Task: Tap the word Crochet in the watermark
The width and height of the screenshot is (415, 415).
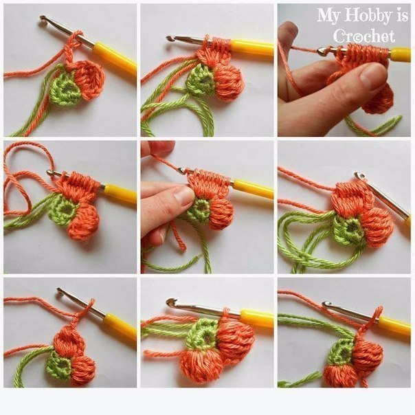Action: point(364,36)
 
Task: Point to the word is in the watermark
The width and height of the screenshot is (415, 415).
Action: point(402,15)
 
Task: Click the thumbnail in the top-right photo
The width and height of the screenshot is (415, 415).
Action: point(372,73)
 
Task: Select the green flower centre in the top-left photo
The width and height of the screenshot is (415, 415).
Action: point(65,87)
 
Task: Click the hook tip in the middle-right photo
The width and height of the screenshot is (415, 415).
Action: point(359,175)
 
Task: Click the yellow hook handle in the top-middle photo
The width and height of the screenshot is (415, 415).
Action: point(251,47)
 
